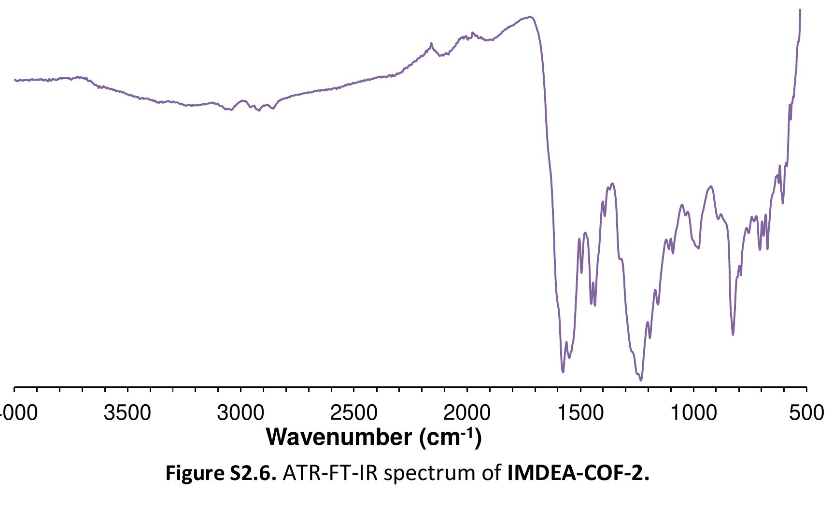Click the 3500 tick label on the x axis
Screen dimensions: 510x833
tap(128, 413)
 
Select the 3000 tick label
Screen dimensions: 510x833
tap(241, 413)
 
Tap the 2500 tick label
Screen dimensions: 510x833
tap(354, 413)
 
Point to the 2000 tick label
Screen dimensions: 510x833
tap(467, 413)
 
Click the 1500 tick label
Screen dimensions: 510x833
tap(580, 413)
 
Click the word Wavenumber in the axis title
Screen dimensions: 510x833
tap(339, 438)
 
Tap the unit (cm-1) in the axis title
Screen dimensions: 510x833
tap(450, 438)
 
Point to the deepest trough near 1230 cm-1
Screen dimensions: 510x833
tap(641, 380)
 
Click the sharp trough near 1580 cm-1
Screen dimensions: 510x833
tap(563, 372)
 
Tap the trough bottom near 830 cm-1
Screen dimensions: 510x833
tap(733, 334)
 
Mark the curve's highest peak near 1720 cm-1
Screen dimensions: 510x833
tap(530, 17)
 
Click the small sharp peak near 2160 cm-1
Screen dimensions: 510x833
tap(431, 43)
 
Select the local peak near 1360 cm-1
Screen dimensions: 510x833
tap(612, 184)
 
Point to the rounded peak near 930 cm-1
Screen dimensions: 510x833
tap(710, 186)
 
